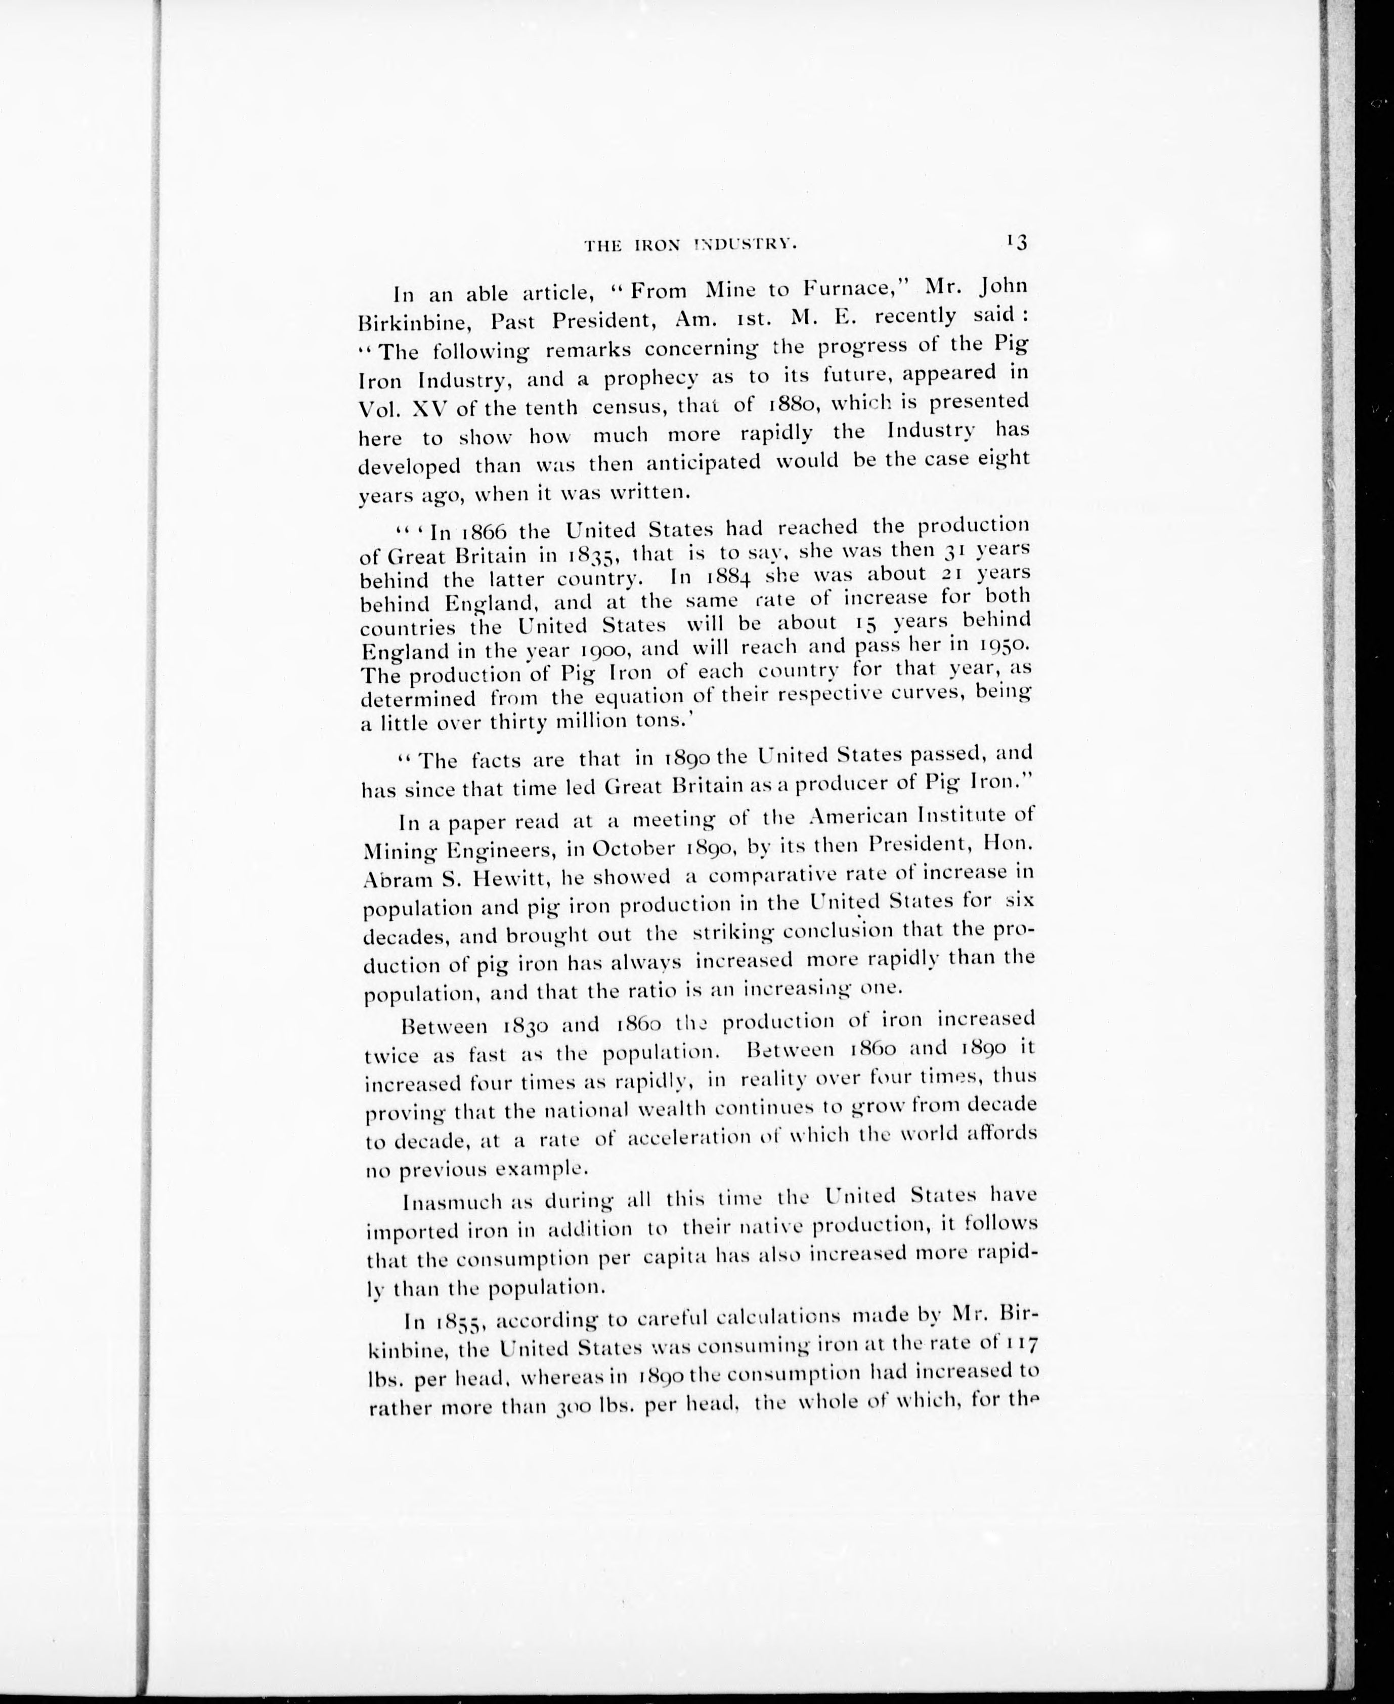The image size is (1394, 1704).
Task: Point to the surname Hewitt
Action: pos(496,881)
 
